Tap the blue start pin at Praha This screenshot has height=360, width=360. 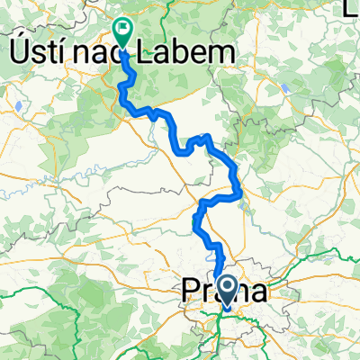click(226, 291)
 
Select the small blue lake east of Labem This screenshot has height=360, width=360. click(284, 88)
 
